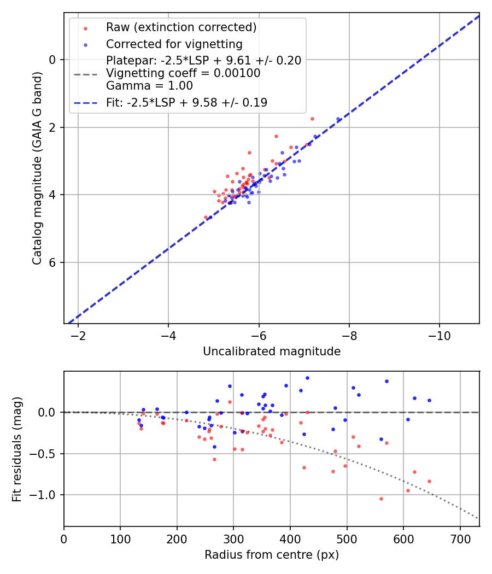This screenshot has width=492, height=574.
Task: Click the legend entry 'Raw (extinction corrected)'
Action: [181, 27]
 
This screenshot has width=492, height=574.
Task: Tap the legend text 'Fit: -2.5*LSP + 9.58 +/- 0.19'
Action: [186, 103]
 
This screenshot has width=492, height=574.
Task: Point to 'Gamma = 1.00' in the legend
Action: [149, 85]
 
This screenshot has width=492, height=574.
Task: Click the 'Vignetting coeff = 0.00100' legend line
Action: [183, 73]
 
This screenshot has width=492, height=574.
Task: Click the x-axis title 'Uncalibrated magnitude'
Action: [272, 352]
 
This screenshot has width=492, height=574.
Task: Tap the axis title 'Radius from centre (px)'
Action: [272, 555]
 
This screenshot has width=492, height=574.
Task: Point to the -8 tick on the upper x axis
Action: [349, 335]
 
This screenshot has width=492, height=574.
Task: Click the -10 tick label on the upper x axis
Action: [440, 335]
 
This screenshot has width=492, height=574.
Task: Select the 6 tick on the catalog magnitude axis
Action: [54, 262]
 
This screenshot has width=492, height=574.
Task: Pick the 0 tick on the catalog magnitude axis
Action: [54, 59]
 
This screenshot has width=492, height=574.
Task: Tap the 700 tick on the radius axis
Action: [460, 538]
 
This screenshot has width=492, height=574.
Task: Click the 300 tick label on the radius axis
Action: [233, 538]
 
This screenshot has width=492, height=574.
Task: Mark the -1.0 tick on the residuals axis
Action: [46, 495]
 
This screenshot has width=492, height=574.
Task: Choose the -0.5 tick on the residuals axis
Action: [46, 454]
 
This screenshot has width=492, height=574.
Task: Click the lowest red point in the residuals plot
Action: [381, 499]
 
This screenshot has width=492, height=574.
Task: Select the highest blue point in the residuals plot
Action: [307, 378]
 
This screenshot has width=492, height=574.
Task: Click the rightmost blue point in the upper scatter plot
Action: [338, 119]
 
